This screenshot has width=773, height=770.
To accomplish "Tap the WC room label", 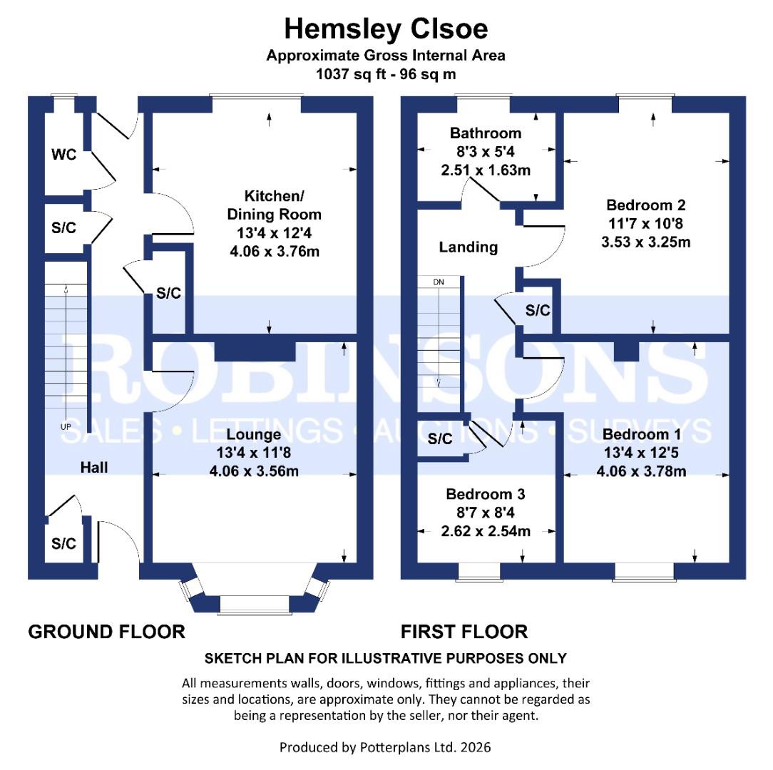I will click(x=63, y=155).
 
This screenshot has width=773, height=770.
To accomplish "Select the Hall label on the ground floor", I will click(x=94, y=468).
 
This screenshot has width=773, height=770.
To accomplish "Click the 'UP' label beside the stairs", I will click(x=66, y=427).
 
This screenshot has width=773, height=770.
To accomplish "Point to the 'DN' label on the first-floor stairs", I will click(x=439, y=282).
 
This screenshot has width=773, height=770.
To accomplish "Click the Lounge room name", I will click(x=254, y=433).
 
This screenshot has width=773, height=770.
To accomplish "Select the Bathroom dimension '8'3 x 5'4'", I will click(x=486, y=152).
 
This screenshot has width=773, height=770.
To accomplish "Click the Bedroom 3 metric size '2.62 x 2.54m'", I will click(x=486, y=531).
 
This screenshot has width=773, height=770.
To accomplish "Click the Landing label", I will click(x=468, y=247).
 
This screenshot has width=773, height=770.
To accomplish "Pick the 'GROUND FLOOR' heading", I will click(x=106, y=632).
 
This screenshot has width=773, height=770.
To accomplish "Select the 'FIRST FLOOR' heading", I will click(x=464, y=632).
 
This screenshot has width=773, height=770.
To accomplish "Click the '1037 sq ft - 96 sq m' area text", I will click(x=386, y=73).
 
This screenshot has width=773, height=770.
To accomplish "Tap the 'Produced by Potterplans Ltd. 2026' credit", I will click(x=385, y=747).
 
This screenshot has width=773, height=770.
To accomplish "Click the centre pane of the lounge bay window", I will click(x=255, y=605).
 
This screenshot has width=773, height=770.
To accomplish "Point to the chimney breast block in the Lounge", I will click(x=255, y=349).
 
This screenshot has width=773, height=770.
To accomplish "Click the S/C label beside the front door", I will click(x=63, y=544).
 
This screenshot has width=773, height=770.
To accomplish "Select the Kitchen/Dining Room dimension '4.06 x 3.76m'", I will click(x=274, y=251).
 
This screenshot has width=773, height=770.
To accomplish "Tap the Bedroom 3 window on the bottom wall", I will click(x=478, y=570).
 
